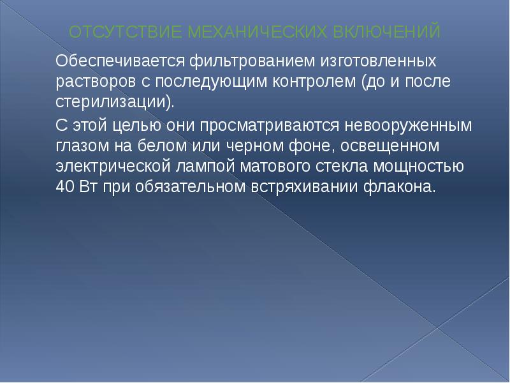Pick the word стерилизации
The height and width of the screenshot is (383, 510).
point(112,102)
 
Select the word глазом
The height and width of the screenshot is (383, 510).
point(80,146)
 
